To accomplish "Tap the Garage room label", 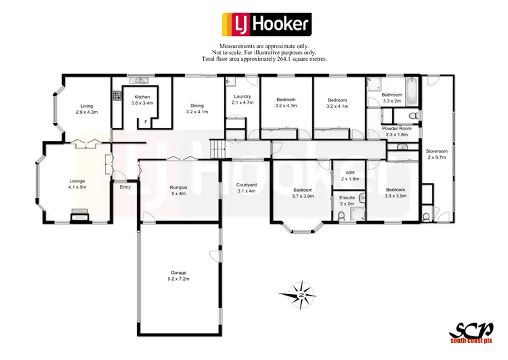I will [x=179, y=273].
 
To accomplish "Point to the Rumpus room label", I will [x=178, y=187].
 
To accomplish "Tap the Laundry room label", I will [x=242, y=97].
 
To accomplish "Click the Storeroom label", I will [x=437, y=150].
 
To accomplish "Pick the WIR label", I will [x=350, y=173].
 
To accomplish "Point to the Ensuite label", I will [x=347, y=197].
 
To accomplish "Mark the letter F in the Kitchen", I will [x=146, y=122].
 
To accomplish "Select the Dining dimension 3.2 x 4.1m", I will [x=197, y=112].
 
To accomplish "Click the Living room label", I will [x=87, y=106].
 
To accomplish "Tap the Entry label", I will [x=125, y=187].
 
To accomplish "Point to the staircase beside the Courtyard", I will [x=217, y=147].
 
